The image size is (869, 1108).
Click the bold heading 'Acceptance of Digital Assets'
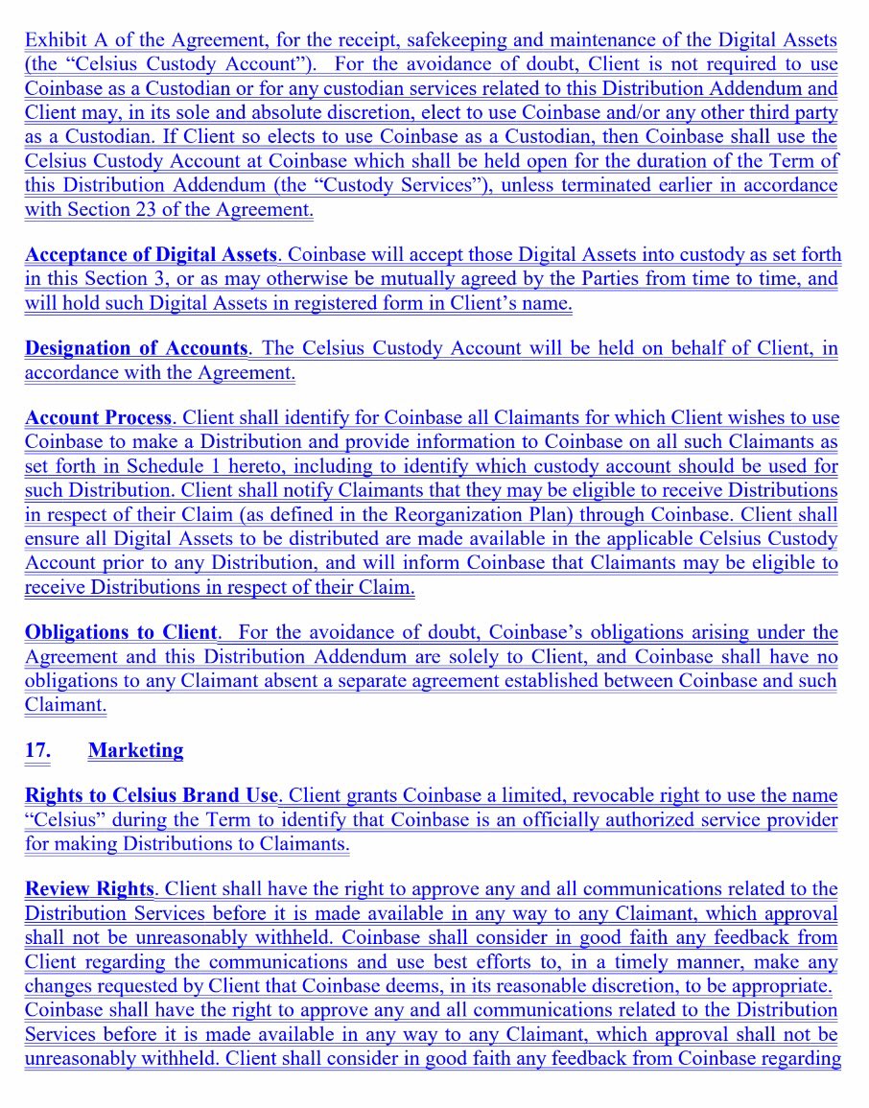click(x=151, y=255)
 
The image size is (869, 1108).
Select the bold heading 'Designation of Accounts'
click(x=135, y=348)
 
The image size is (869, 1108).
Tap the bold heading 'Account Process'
click(x=98, y=418)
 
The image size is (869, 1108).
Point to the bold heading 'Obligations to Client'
click(x=121, y=633)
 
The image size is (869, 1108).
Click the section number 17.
click(x=37, y=750)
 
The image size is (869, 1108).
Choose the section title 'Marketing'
click(x=135, y=750)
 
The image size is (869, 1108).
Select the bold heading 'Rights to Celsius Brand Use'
click(x=151, y=796)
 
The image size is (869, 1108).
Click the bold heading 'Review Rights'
click(x=89, y=889)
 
